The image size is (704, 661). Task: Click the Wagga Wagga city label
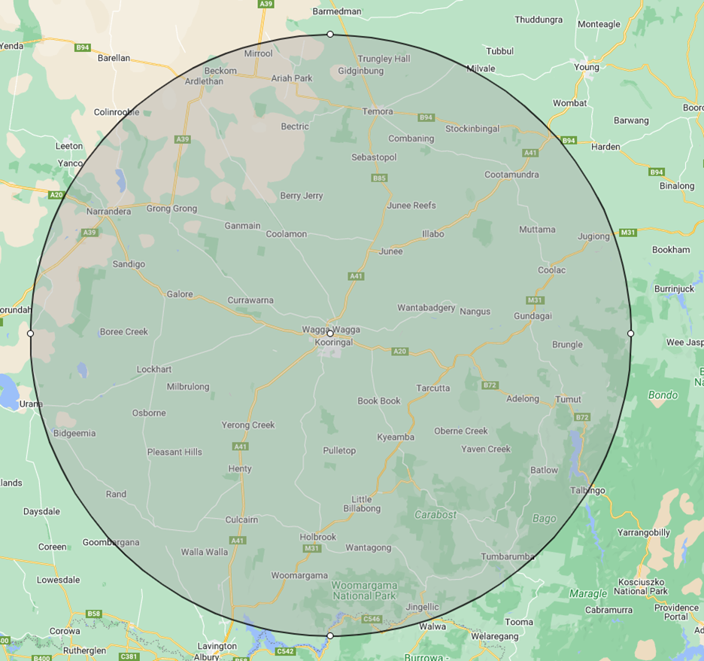coord(331,330)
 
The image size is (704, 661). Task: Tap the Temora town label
coord(378,111)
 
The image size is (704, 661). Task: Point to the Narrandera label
coord(108,212)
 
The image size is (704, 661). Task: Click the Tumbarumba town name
coord(508,557)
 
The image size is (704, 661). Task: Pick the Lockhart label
coord(154,370)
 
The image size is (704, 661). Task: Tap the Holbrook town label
coord(318,537)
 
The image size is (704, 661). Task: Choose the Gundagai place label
coord(533,316)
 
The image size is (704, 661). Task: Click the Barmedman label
coord(337,11)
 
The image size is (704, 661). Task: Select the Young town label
coord(587,67)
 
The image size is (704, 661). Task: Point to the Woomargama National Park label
coord(364,590)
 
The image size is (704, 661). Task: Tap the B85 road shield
coord(379,178)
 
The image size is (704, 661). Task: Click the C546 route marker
coord(372,619)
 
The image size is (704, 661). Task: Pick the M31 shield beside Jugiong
coord(627,233)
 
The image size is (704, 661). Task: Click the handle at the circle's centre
coord(330,334)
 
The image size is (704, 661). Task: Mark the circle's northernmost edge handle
coord(330,34)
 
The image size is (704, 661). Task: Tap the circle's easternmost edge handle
coord(630,334)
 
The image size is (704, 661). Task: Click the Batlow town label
coord(544,470)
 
